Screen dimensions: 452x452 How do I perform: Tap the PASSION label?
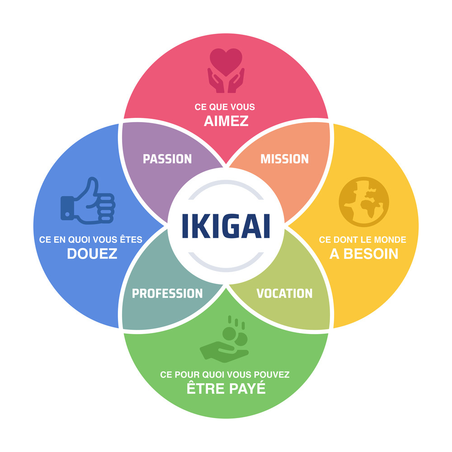pos(167,159)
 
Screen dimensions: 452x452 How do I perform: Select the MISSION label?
pos(284,159)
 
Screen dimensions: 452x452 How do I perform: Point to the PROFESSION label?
pos(167,293)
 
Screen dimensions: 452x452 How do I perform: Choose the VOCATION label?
pos(284,293)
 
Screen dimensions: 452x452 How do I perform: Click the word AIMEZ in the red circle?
pos(226,121)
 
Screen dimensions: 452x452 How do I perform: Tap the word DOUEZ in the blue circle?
pos(92,254)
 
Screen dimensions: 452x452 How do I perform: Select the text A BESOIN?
pos(364,254)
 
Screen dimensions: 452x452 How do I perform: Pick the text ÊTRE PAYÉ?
pos(226,388)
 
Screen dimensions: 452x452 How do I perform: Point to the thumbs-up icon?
pos(93,201)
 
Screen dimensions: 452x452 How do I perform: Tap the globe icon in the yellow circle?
pos(363,202)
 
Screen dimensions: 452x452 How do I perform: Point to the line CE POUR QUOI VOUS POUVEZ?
pos(225,375)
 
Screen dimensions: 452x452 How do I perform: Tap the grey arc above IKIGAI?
pos(226,190)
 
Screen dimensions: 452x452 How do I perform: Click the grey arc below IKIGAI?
pos(226,262)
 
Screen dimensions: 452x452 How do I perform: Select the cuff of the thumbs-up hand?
pos(66,207)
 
